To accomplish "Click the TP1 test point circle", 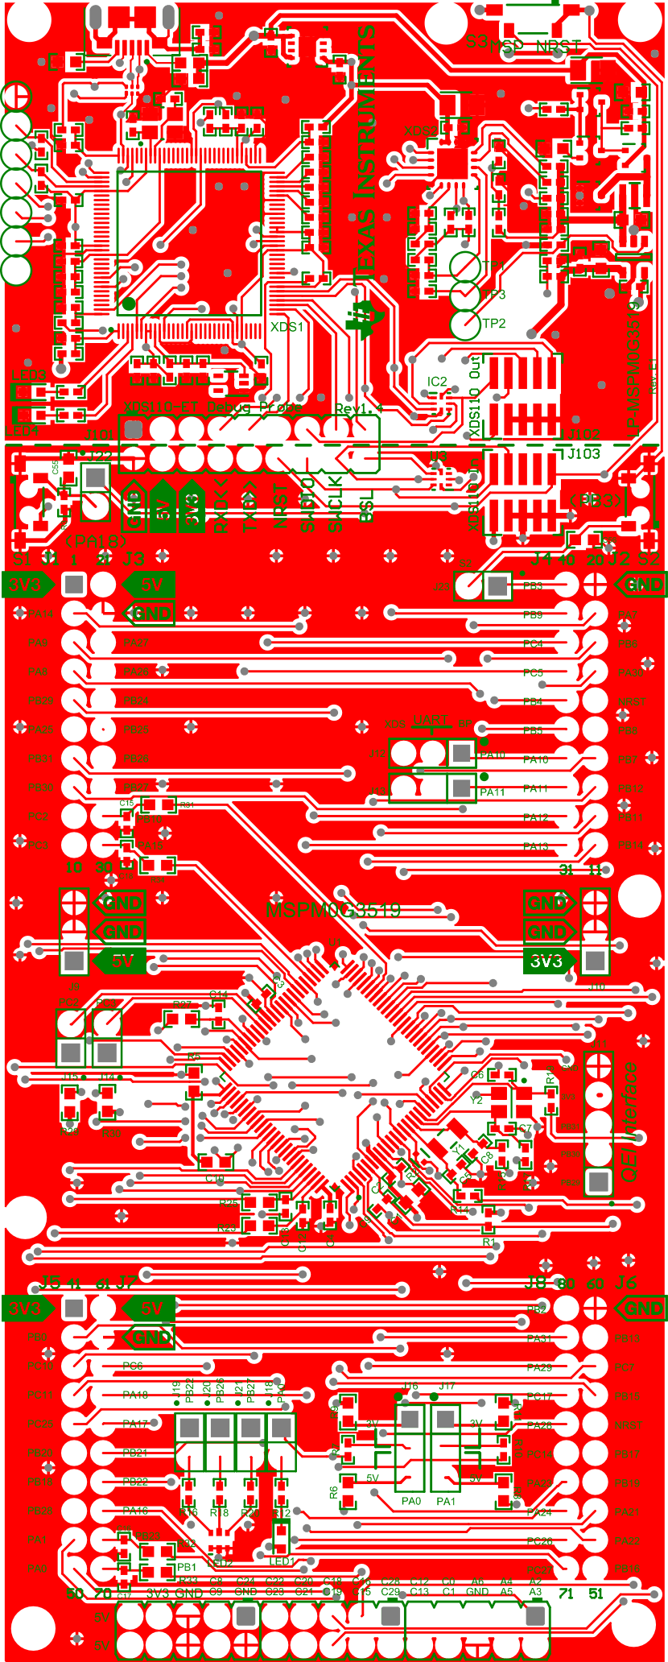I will click(464, 266).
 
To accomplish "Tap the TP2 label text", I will click(494, 324).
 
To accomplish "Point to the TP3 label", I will click(494, 295).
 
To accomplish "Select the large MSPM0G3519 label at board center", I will click(333, 910).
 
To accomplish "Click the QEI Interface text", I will click(629, 1122).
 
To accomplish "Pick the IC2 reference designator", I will click(437, 381).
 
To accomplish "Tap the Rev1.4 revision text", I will click(358, 409).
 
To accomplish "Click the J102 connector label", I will click(583, 435).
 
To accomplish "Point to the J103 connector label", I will click(583, 453).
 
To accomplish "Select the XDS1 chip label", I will click(287, 327).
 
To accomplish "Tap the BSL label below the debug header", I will click(366, 506).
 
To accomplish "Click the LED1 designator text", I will click(282, 1561).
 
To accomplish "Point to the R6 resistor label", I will click(334, 1492).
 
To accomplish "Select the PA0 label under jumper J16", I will click(411, 1501).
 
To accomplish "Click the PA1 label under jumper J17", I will click(446, 1501).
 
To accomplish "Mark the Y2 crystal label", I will click(476, 1100).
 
